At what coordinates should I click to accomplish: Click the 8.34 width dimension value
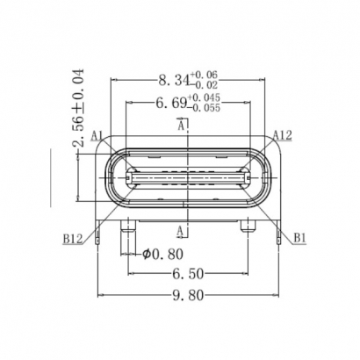click(x=172, y=82)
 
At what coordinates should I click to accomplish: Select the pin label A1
click(x=97, y=136)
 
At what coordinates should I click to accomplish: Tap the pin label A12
click(x=282, y=134)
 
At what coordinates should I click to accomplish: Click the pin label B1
click(x=299, y=237)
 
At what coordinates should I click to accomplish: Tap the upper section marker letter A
click(x=181, y=127)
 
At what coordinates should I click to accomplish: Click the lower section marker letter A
click(x=181, y=231)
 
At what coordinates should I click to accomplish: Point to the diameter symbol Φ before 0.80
click(x=146, y=256)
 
